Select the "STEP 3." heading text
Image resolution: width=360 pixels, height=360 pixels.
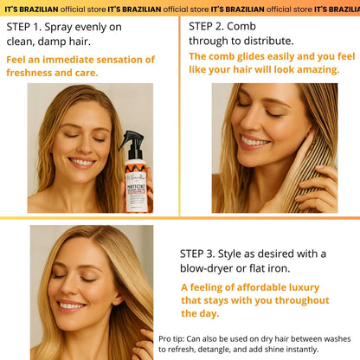point(204,253)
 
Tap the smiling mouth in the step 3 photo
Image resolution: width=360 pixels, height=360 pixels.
point(71,306)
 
